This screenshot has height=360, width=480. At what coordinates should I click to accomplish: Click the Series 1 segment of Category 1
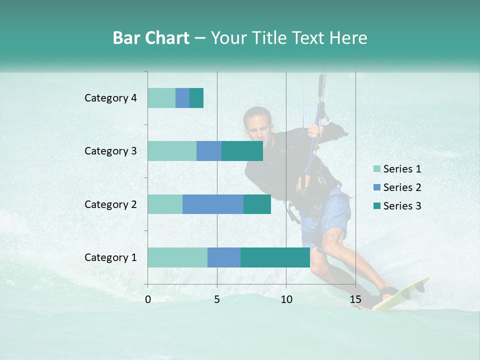tap(177, 257)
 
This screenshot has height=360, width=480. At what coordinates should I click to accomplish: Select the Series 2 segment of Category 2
tap(213, 204)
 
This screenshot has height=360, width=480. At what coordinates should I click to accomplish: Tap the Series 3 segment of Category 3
tap(242, 151)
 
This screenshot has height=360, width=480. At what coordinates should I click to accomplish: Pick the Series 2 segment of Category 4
tap(182, 98)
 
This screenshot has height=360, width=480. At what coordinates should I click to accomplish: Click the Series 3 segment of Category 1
tap(275, 257)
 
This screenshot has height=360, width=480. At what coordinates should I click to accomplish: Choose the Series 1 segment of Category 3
tap(172, 151)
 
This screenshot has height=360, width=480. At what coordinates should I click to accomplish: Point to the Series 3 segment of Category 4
tap(196, 98)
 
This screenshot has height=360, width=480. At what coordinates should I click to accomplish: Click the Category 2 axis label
tap(110, 204)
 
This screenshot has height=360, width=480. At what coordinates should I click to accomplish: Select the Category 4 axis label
tap(110, 98)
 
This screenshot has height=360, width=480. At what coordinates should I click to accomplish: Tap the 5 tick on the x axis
tap(217, 299)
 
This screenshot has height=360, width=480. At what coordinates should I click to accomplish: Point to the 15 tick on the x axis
tap(355, 299)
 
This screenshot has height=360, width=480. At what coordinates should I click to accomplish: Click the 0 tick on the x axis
tap(148, 299)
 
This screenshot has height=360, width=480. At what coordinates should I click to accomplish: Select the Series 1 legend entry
tap(402, 169)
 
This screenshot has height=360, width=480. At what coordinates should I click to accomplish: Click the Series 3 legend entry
tap(402, 206)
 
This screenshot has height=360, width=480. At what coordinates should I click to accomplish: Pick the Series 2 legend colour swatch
tap(376, 187)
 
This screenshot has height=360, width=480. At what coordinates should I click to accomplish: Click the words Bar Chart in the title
tap(151, 38)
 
